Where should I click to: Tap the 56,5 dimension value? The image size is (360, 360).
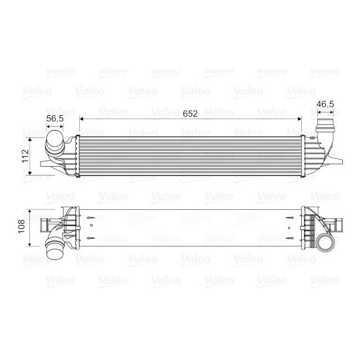tap(54, 119)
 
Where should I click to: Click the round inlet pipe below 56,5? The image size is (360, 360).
tap(54, 141)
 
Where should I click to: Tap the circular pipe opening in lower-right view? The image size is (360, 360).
tap(327, 243)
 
